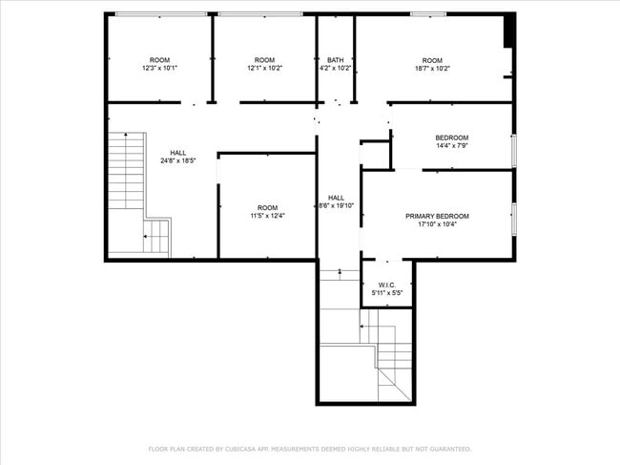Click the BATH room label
point(336,60)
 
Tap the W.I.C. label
point(387,285)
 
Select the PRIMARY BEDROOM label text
point(437,216)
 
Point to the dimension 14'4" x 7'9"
point(452,146)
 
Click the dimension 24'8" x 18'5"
point(178,160)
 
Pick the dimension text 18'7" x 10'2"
point(432,69)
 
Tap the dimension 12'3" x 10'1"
point(159,68)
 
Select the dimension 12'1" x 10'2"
point(264,68)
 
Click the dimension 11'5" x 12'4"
point(268,216)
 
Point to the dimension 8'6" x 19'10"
point(336,206)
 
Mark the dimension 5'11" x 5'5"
point(387,293)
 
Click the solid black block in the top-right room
point(509,31)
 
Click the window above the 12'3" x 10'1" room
point(161,14)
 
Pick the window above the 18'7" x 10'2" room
point(428,14)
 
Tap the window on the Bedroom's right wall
point(514,150)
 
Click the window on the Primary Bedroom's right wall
point(514,220)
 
